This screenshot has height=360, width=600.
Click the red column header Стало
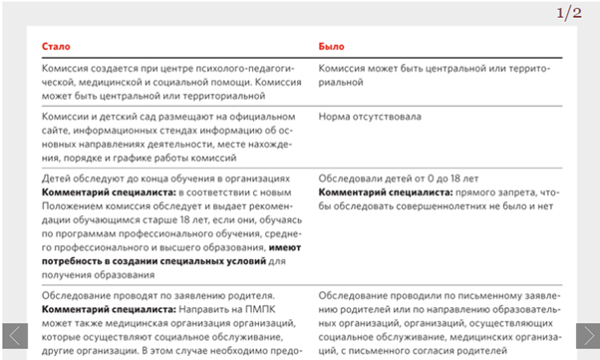tap(55, 46)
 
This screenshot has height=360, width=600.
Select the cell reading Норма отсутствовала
tap(370, 117)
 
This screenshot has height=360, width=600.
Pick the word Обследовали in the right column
tap(350, 178)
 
